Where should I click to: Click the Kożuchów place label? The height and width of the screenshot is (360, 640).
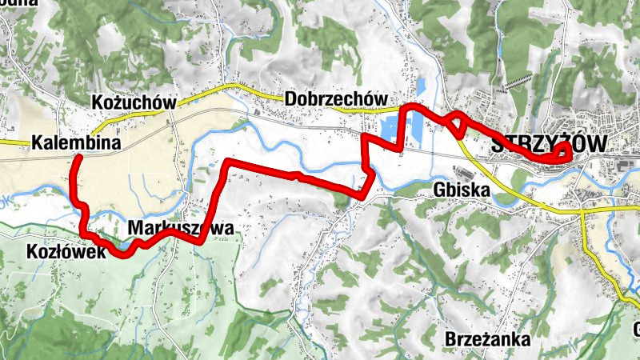coord(134,103)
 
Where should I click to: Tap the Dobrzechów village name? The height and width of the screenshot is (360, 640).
coord(336,98)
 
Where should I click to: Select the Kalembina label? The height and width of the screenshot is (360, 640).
coord(76,143)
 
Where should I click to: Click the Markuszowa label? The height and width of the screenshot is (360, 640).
coord(181,229)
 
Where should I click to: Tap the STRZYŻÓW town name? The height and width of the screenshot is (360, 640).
coord(548,144)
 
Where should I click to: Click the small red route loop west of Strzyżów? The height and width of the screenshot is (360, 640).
coord(458,122)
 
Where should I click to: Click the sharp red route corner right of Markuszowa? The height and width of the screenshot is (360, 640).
coord(228,162)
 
